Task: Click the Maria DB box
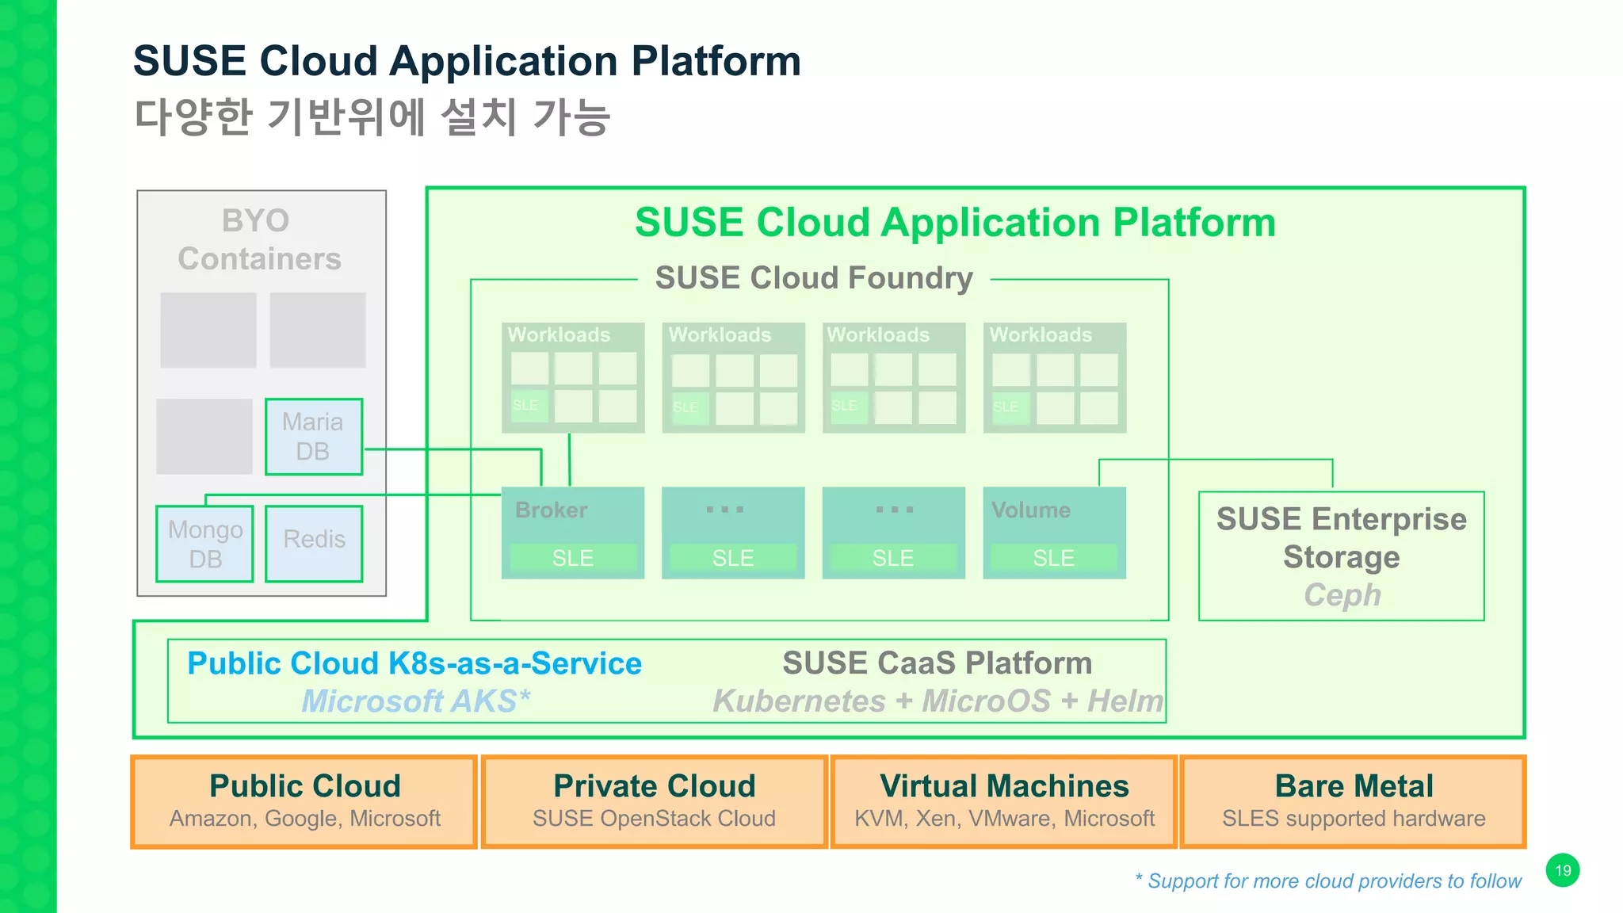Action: (x=314, y=437)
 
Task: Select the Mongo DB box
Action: (x=204, y=544)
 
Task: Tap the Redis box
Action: (x=314, y=544)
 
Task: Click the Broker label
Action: (x=552, y=510)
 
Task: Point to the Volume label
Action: (x=1030, y=510)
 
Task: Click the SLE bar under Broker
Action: (x=573, y=558)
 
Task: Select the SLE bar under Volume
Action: (x=1053, y=558)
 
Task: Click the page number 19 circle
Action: (x=1562, y=870)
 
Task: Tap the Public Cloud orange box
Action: (x=304, y=801)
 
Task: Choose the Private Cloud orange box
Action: (x=654, y=801)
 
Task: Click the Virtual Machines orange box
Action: (x=1003, y=801)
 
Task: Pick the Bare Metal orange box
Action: (x=1353, y=801)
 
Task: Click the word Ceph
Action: (x=1342, y=595)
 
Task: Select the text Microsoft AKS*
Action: (x=415, y=701)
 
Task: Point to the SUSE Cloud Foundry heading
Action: (x=814, y=278)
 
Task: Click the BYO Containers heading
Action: (x=259, y=239)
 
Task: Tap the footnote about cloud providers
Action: (x=1328, y=881)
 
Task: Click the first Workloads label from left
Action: (x=559, y=334)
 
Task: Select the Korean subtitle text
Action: (x=372, y=117)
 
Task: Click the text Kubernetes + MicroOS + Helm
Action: (x=938, y=701)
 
